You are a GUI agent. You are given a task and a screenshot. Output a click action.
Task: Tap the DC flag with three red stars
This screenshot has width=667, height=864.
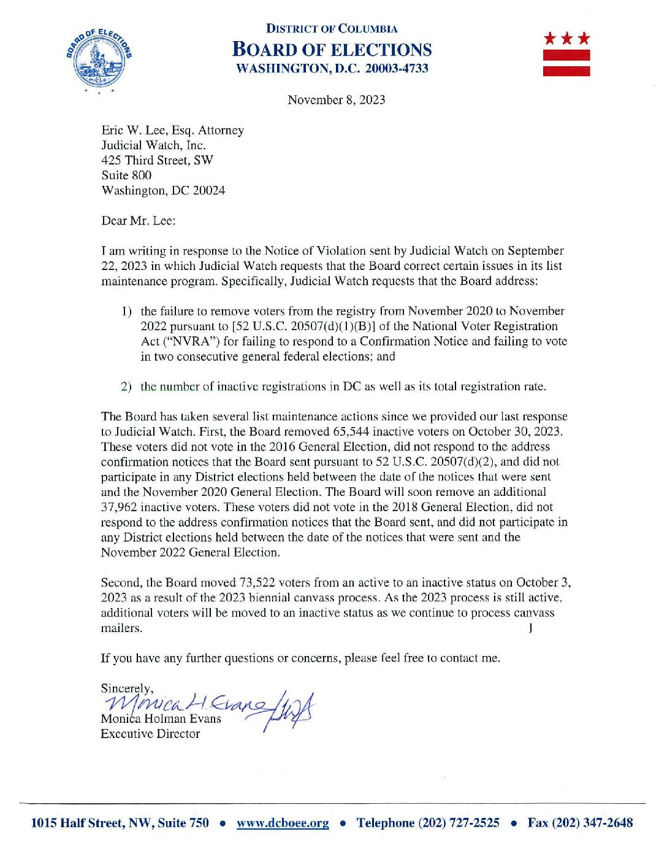(x=566, y=55)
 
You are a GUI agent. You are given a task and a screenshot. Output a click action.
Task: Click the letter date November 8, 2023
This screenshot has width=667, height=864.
(x=336, y=100)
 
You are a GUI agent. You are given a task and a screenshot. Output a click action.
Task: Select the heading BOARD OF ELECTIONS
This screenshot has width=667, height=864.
(x=332, y=50)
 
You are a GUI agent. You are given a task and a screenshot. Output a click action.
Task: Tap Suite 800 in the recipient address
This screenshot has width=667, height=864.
(x=126, y=175)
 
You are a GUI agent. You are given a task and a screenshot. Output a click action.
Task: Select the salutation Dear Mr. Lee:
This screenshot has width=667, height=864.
(x=138, y=220)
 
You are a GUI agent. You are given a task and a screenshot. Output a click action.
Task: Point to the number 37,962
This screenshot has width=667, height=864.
(x=119, y=507)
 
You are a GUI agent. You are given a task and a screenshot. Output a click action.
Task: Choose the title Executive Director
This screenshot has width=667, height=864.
(x=150, y=733)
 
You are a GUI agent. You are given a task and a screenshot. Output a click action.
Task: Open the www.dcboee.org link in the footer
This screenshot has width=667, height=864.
(x=283, y=823)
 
